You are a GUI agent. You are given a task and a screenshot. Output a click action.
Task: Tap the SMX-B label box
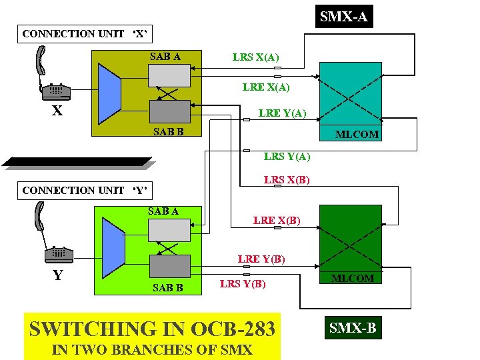coord(353,327)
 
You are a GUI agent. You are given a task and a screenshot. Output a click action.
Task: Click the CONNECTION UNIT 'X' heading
coord(85,33)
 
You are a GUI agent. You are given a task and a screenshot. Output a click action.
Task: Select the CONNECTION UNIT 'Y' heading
coord(85,191)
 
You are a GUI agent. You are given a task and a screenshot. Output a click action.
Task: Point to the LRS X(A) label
coord(255,57)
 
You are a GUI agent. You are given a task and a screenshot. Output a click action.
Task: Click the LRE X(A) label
coord(266,87)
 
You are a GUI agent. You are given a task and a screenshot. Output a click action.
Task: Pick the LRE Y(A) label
coord(282,113)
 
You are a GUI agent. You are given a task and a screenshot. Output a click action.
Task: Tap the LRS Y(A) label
coord(287,157)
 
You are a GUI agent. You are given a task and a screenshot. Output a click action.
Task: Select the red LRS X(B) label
coord(287,180)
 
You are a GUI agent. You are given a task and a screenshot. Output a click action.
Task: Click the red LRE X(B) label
coord(276,220)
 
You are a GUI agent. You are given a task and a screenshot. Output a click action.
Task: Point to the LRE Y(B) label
coord(261,259)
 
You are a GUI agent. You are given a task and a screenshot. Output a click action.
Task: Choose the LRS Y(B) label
coord(243,284)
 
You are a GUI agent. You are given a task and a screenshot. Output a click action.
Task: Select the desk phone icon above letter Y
coord(59,254)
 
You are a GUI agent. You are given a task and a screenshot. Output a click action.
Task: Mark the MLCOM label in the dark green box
coord(353,278)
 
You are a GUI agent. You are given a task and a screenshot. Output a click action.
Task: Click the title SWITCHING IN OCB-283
coord(153,329)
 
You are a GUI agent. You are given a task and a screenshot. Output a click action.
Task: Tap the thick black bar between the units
coord(77,162)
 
